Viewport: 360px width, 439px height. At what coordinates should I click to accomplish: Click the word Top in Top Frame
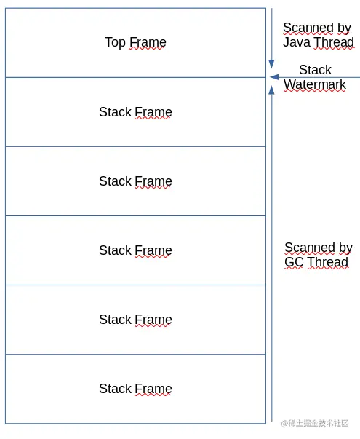click(115, 42)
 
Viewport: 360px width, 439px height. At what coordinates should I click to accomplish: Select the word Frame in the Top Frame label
click(148, 42)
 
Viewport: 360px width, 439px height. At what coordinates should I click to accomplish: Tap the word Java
click(297, 42)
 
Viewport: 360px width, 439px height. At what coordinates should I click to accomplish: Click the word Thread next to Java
click(334, 42)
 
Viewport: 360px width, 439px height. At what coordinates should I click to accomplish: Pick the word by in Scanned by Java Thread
click(344, 28)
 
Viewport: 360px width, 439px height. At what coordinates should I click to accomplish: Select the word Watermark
click(315, 84)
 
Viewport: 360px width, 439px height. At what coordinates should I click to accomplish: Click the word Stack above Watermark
click(315, 70)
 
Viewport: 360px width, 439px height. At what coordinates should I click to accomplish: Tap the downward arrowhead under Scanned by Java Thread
click(271, 64)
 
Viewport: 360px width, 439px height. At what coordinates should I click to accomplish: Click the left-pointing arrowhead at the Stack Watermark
click(274, 77)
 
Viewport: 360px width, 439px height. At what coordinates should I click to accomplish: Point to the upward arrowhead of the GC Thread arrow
click(271, 90)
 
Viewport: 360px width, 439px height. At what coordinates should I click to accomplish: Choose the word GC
click(294, 262)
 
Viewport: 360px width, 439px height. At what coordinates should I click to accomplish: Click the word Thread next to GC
click(328, 262)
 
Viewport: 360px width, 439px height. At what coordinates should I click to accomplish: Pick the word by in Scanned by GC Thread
click(345, 248)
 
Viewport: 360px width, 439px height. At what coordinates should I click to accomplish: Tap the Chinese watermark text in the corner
click(315, 423)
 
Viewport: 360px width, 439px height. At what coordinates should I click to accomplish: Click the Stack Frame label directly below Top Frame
click(135, 112)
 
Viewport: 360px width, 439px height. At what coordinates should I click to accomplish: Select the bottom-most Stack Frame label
click(135, 389)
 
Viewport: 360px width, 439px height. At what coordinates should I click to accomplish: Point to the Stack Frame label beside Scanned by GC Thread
click(135, 250)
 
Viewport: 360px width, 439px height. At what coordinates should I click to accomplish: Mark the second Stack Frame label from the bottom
click(135, 320)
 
